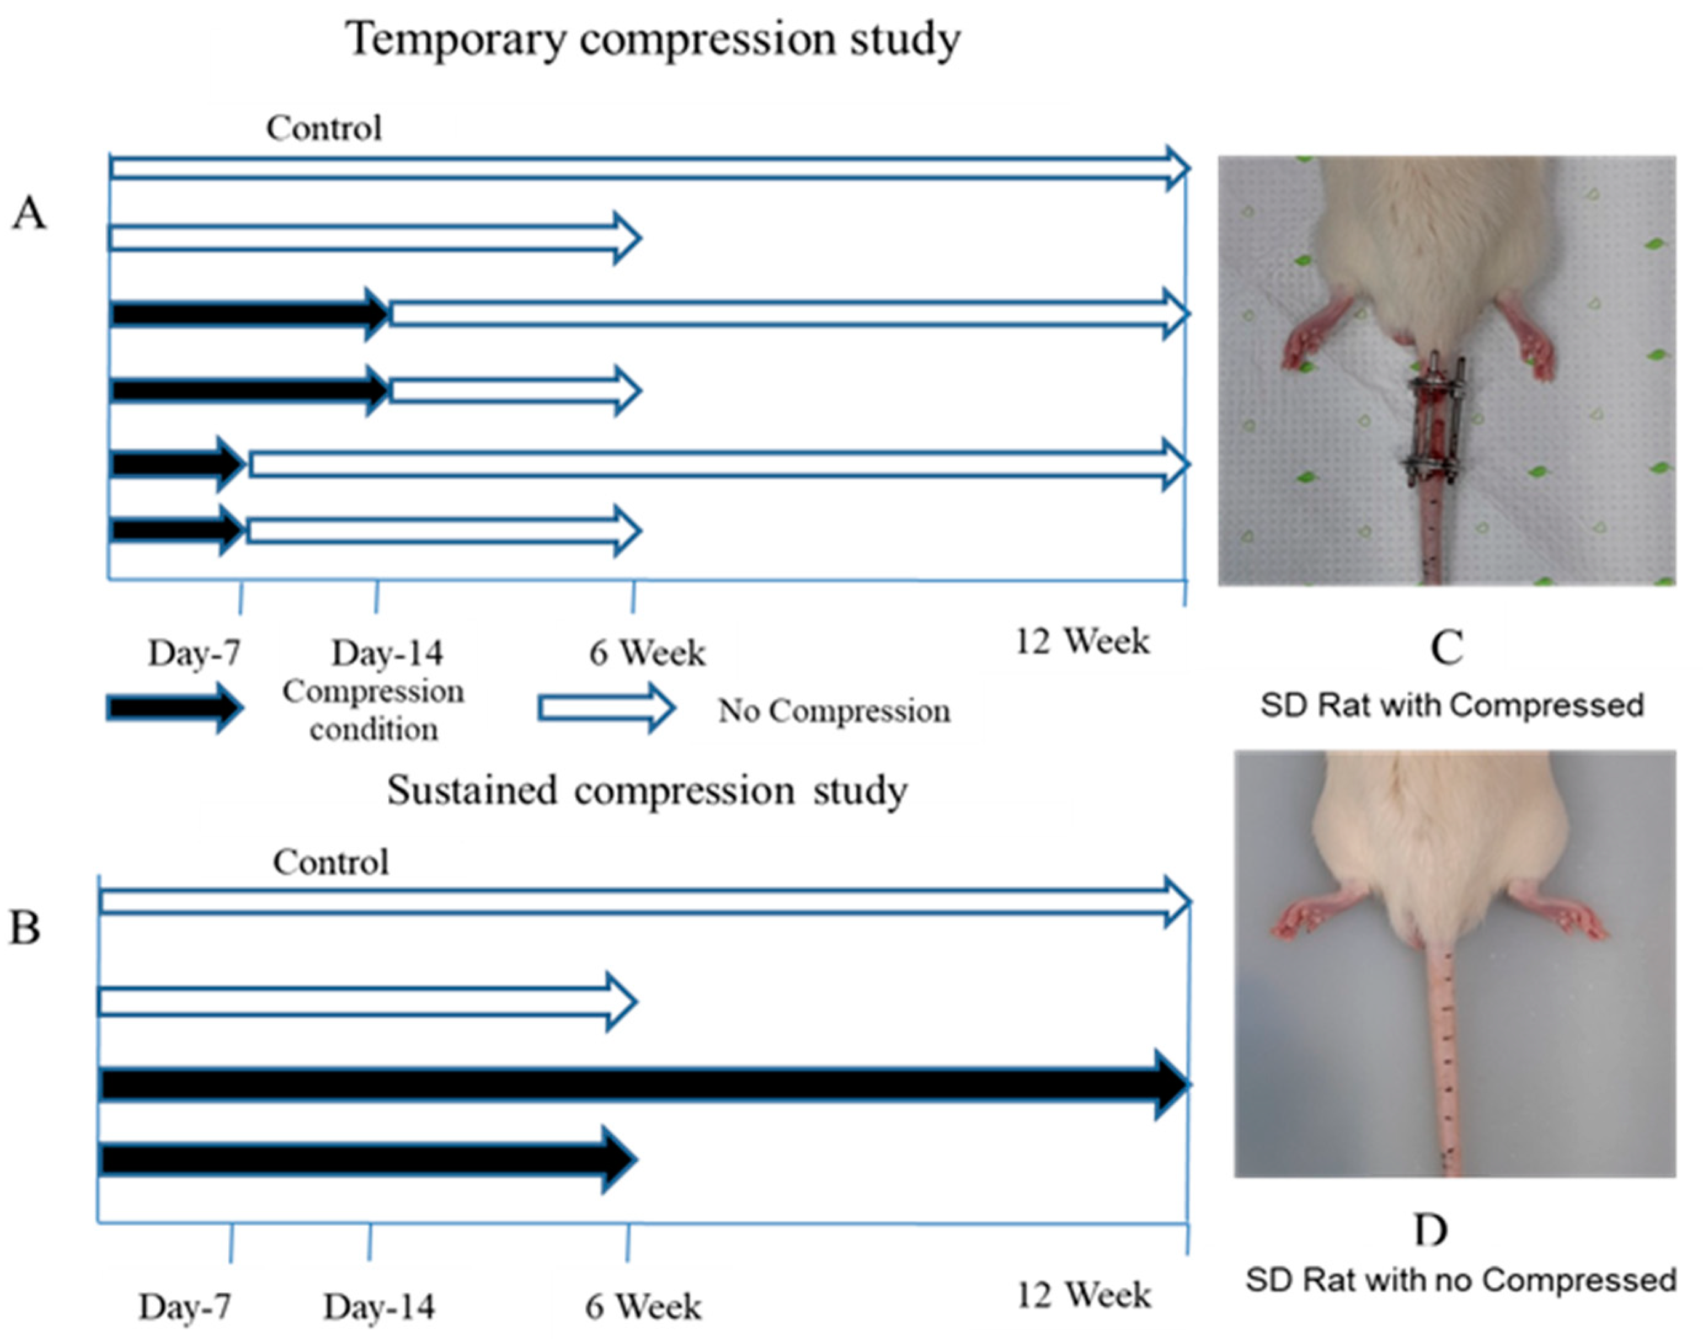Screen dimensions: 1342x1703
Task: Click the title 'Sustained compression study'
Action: [x=647, y=790]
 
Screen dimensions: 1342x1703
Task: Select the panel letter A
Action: [x=29, y=213]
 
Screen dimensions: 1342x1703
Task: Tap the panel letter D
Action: [x=1430, y=1229]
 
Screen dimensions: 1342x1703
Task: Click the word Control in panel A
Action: [x=324, y=128]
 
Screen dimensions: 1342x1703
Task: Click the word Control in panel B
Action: [x=331, y=862]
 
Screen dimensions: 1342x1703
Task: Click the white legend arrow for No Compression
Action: [x=606, y=708]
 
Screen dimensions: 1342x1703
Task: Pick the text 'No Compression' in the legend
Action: [x=834, y=711]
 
